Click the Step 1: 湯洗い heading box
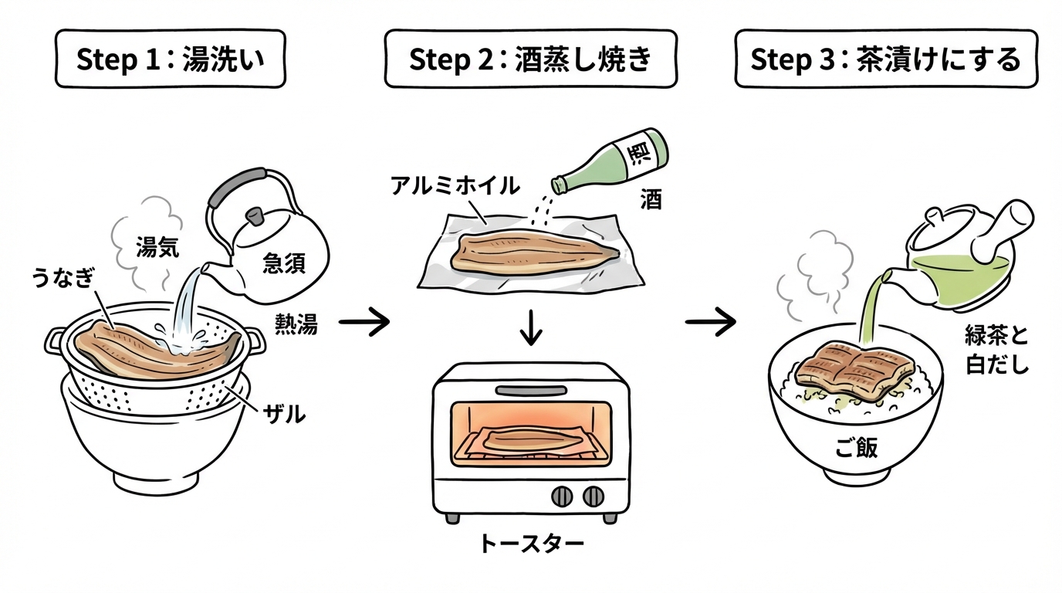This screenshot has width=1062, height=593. (170, 59)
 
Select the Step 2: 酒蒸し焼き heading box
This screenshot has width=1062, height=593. (530, 59)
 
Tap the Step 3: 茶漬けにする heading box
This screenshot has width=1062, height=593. (885, 59)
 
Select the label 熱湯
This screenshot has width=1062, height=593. (296, 325)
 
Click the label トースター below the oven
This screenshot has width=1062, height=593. (531, 544)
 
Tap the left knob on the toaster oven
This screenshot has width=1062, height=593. (562, 495)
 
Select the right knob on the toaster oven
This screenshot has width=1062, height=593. (593, 495)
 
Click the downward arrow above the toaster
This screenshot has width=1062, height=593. (532, 328)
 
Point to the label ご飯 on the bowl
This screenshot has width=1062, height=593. (857, 448)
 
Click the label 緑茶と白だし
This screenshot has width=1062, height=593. (997, 350)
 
